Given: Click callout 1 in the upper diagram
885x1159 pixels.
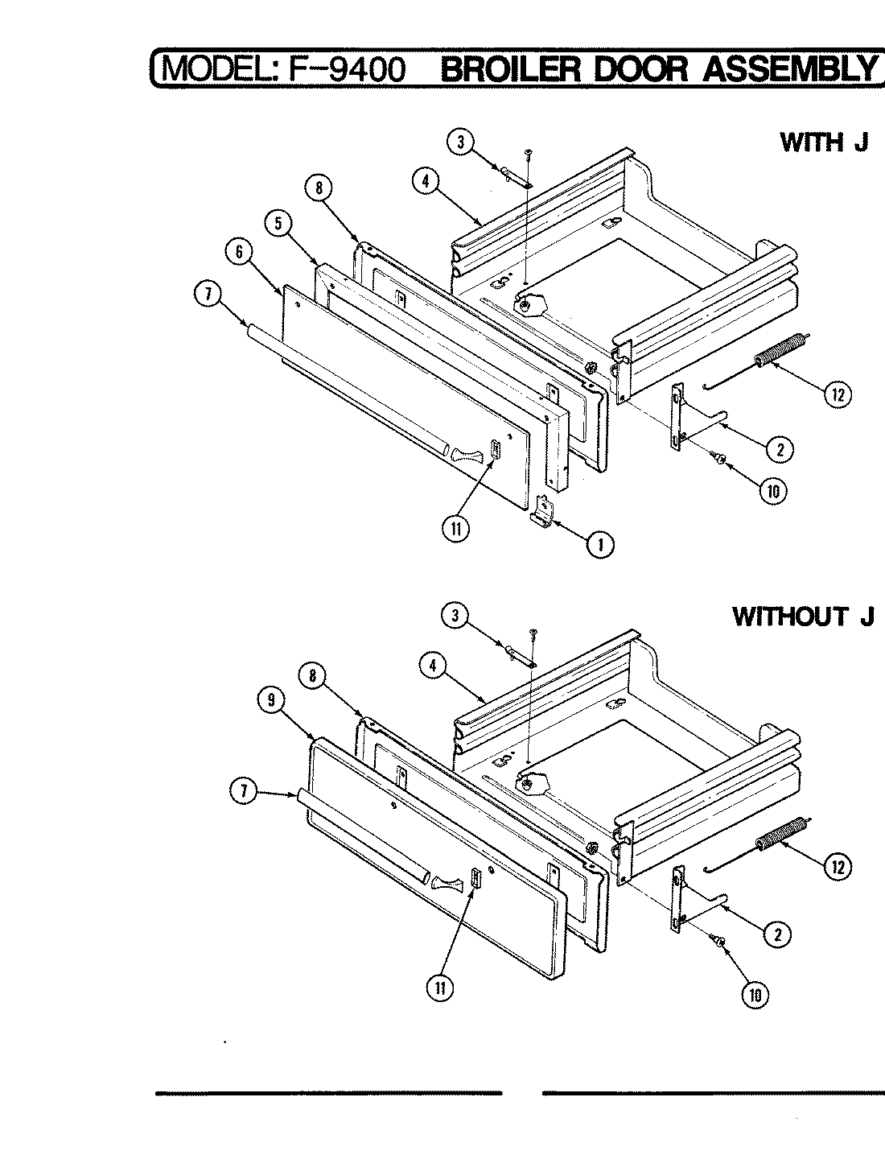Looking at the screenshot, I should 599,545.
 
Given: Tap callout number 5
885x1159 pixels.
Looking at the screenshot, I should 278,225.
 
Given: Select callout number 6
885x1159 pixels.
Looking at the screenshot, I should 239,252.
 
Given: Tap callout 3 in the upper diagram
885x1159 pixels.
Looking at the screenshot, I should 459,143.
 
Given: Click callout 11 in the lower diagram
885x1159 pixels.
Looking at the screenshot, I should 440,988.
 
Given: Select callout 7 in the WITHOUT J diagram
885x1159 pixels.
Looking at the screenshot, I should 239,792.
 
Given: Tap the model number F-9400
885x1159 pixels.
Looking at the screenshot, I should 342,69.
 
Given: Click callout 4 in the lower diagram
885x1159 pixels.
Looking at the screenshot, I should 433,665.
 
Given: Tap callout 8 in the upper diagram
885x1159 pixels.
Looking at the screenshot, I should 318,188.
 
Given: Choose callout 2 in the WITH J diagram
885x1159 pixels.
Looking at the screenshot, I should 779,449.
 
